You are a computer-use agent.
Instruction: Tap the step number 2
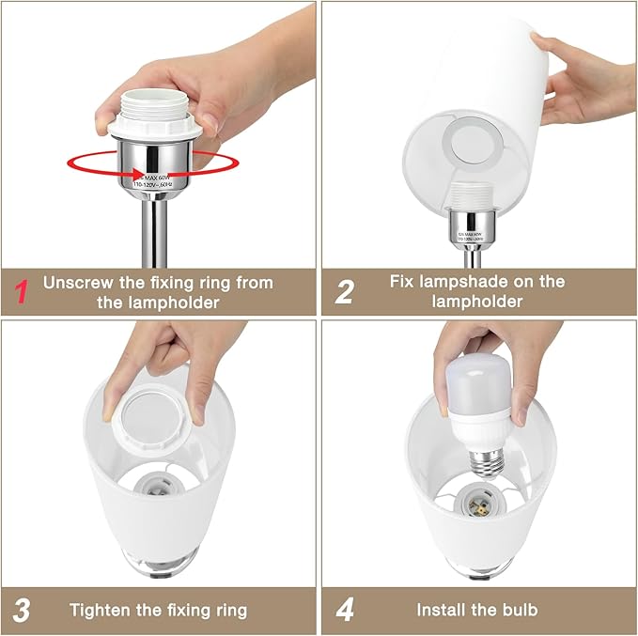pyautogui.click(x=344, y=291)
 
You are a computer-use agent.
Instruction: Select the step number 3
pyautogui.click(x=22, y=611)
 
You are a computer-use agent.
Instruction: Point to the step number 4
pyautogui.click(x=345, y=611)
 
